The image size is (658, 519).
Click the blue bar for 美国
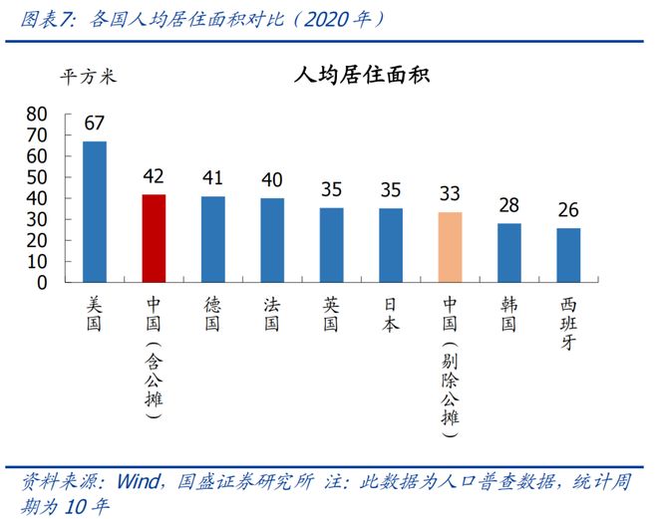pyautogui.click(x=94, y=211)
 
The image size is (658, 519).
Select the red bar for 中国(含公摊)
pyautogui.click(x=154, y=238)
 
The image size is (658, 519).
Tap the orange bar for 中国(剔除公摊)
pyautogui.click(x=450, y=247)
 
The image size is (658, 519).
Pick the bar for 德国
pyautogui.click(x=212, y=239)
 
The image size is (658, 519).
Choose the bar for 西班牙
pyautogui.click(x=568, y=255)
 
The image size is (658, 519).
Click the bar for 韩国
pyautogui.click(x=508, y=252)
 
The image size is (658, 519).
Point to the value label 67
pyautogui.click(x=95, y=124)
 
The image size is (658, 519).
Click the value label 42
pyautogui.click(x=154, y=176)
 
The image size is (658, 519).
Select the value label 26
pyautogui.click(x=568, y=211)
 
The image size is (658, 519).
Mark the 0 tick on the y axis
pyautogui.click(x=44, y=282)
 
